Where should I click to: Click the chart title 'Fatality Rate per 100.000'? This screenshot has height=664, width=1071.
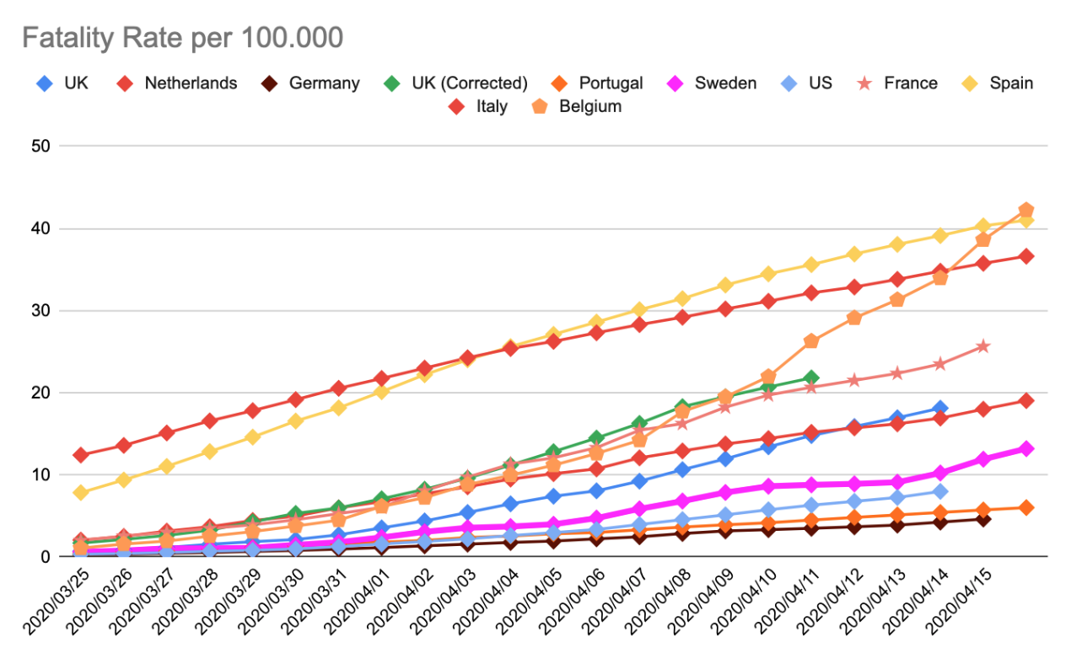click(182, 38)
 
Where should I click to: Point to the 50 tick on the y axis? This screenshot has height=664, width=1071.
click(41, 147)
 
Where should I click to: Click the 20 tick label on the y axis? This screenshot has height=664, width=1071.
click(41, 393)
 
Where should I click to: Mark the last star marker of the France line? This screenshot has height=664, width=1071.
click(982, 346)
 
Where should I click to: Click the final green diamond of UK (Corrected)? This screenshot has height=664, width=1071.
click(810, 378)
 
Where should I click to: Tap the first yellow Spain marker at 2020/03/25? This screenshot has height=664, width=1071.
click(81, 493)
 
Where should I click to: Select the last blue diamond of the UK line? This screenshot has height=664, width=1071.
click(939, 409)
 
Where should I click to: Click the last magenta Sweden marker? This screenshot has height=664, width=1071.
click(1025, 449)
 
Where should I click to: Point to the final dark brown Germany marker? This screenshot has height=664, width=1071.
click(982, 519)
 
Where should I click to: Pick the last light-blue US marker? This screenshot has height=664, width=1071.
click(939, 491)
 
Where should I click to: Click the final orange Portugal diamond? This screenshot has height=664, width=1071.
click(1025, 507)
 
